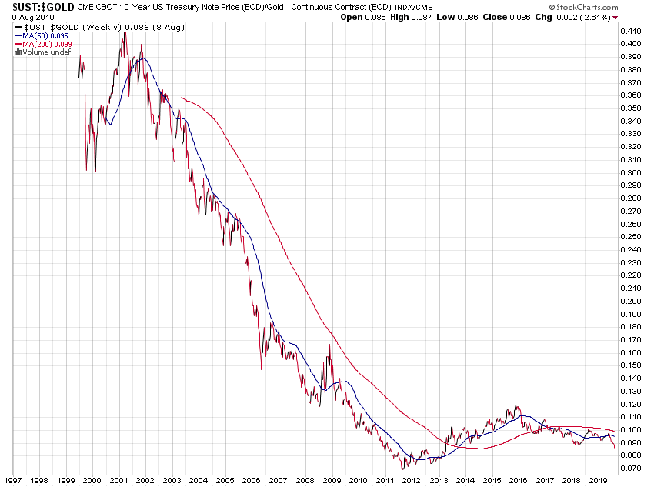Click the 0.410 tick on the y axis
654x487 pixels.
pos(630,31)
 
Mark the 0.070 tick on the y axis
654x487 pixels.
pos(630,468)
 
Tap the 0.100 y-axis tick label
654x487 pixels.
pos(630,429)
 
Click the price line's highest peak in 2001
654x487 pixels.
pos(125,32)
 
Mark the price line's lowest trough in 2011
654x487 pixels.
pos(402,468)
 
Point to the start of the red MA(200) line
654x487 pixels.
pos(181,97)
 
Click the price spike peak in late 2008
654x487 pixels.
pos(330,345)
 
